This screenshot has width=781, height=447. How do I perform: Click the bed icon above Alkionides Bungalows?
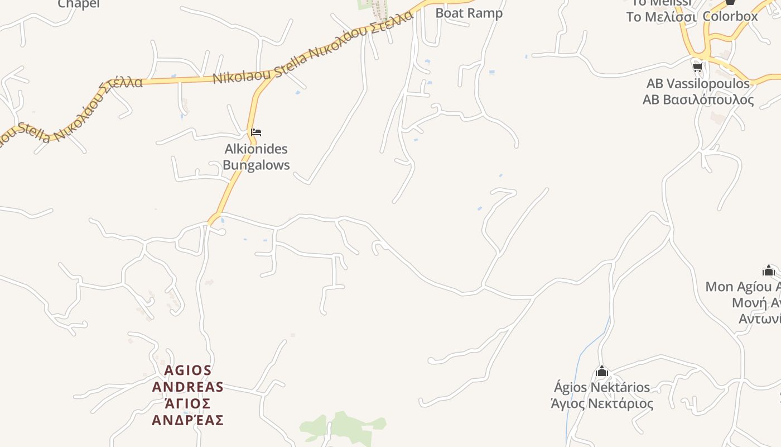pyautogui.click(x=256, y=132)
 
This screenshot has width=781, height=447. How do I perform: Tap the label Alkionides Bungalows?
pyautogui.click(x=256, y=157)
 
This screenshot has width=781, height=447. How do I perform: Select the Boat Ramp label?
pyautogui.click(x=469, y=13)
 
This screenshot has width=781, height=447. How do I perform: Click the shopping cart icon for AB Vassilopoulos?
pyautogui.click(x=697, y=68)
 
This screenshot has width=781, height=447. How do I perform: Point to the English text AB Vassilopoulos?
pyautogui.click(x=698, y=84)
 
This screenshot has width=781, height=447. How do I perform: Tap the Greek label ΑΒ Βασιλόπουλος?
pyautogui.click(x=698, y=100)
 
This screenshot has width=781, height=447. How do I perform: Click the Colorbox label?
pyautogui.click(x=730, y=16)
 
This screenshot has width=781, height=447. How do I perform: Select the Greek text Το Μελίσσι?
pyautogui.click(x=661, y=17)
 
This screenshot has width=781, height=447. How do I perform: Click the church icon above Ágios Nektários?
pyautogui.click(x=601, y=372)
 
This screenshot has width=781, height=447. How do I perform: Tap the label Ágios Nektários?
pyautogui.click(x=602, y=387)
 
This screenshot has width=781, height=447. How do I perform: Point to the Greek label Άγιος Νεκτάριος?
pyautogui.click(x=602, y=403)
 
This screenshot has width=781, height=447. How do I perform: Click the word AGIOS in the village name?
pyautogui.click(x=188, y=370)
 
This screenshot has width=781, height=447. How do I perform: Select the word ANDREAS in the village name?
pyautogui.click(x=188, y=387)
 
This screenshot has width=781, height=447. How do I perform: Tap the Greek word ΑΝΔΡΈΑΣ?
pyautogui.click(x=188, y=420)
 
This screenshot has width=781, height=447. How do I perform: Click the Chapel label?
pyautogui.click(x=79, y=4)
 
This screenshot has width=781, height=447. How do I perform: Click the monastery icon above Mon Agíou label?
pyautogui.click(x=769, y=271)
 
